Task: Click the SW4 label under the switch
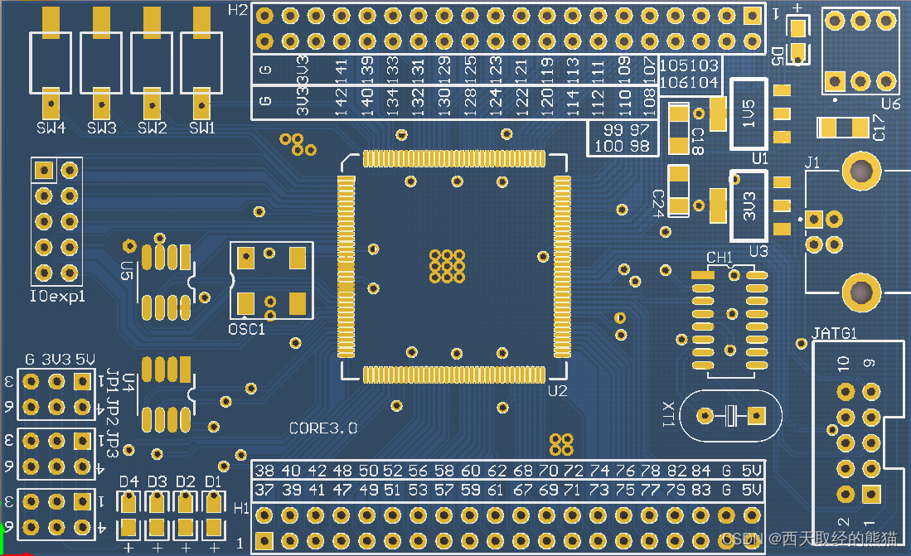(x=51, y=128)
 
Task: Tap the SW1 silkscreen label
(x=201, y=128)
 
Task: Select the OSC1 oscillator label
(x=246, y=329)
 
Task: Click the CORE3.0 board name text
(x=323, y=428)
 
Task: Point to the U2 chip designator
(x=557, y=390)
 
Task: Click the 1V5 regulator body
(x=749, y=114)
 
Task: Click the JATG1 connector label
(x=834, y=333)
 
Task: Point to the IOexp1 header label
(x=57, y=296)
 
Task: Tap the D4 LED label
(x=128, y=481)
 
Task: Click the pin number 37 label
(x=264, y=490)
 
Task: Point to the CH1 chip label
(x=719, y=257)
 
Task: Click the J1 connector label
(x=812, y=163)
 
